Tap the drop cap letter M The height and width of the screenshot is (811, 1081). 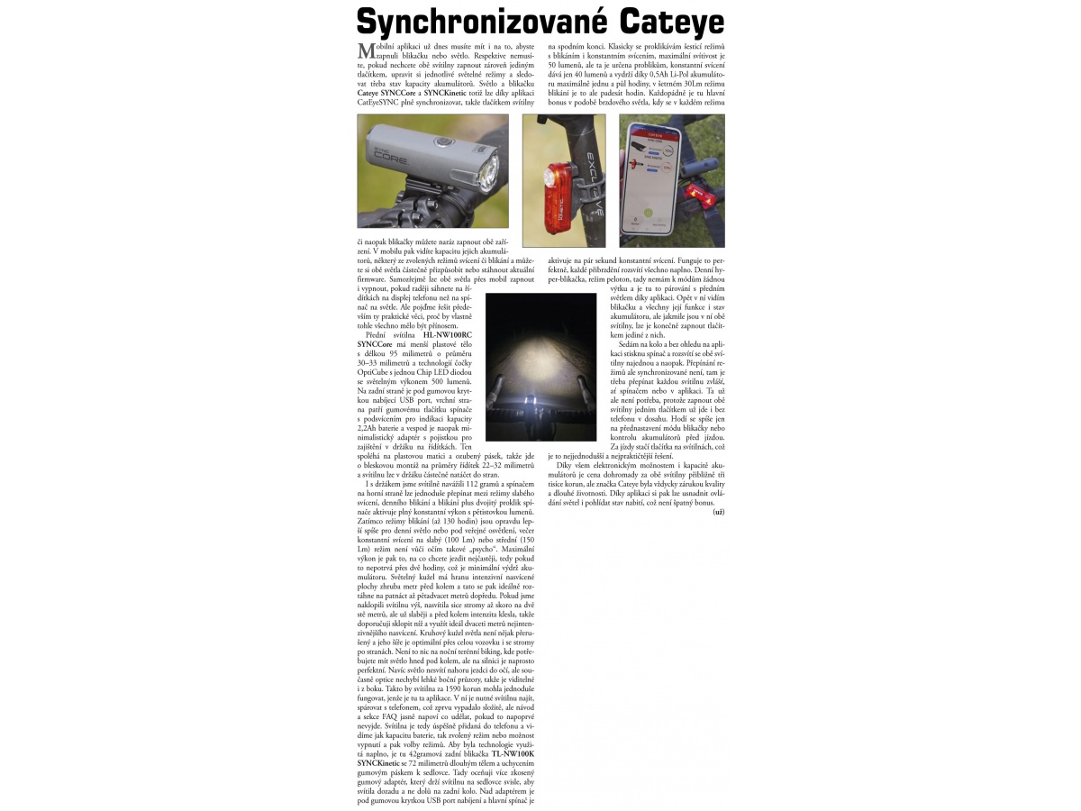[366, 51]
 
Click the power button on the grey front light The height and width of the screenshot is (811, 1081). [442, 142]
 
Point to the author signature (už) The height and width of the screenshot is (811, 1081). [718, 512]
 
